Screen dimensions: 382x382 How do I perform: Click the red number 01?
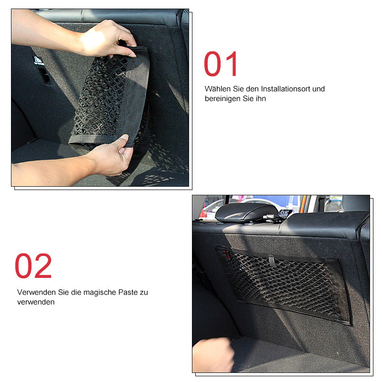(221, 64)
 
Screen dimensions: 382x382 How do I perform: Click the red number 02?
(33, 266)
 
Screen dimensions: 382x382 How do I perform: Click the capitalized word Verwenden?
(36, 292)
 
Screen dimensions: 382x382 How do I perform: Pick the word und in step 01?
(318, 89)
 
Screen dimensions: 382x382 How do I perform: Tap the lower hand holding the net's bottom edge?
(110, 156)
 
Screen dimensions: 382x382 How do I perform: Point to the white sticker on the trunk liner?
(38, 61)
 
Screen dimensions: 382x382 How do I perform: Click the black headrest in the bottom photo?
(246, 212)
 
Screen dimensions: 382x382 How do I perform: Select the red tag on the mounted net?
(228, 255)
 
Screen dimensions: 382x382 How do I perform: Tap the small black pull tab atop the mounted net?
(272, 261)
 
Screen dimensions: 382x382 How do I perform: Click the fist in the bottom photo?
(212, 355)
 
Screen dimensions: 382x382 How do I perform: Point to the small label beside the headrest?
(285, 213)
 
